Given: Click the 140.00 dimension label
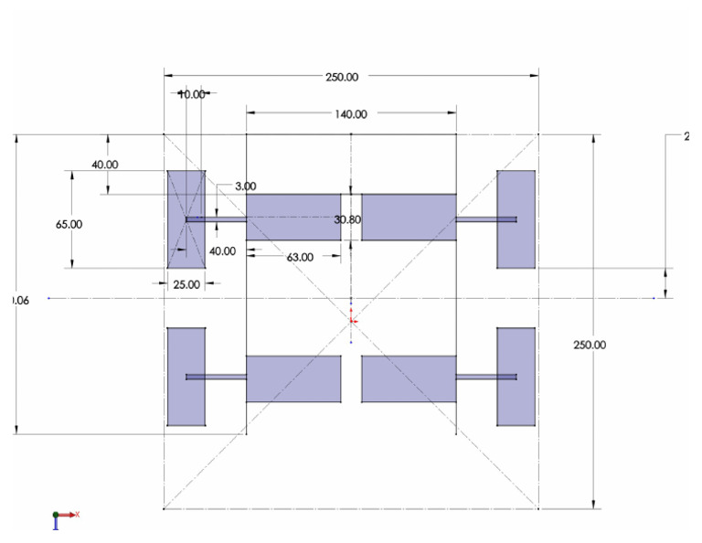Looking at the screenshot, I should click(x=352, y=114).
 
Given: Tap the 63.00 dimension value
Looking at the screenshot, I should click(x=300, y=258).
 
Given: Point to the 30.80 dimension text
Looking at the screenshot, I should click(x=348, y=220).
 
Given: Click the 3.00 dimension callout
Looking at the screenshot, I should click(x=245, y=186).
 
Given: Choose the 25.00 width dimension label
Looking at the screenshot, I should click(x=186, y=284).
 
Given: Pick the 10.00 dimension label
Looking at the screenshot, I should click(x=192, y=94).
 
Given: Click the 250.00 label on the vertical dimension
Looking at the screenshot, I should click(x=590, y=345).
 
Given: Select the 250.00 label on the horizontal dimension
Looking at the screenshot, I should click(x=341, y=77).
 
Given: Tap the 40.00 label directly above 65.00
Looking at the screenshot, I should click(x=104, y=165).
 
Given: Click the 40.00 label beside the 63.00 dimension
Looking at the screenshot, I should click(x=222, y=251).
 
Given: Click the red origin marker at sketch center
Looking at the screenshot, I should click(x=353, y=320).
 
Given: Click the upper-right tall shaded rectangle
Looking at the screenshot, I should click(x=516, y=219).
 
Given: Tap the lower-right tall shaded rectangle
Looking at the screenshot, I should click(x=516, y=377).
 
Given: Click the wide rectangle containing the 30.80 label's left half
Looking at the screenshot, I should click(x=293, y=218).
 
